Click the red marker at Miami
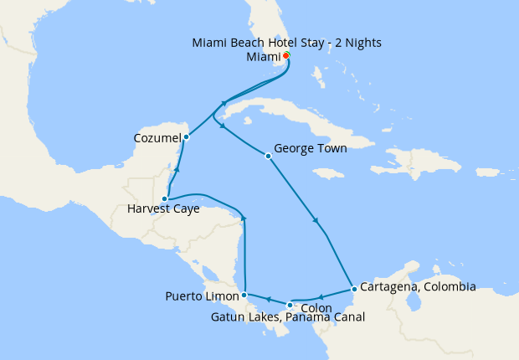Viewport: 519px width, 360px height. point(286,56)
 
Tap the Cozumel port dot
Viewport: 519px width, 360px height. point(186,137)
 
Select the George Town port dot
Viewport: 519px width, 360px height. point(268,156)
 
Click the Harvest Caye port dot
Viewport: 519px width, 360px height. point(165,198)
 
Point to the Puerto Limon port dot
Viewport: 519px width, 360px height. point(244,295)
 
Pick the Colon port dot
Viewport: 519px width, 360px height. point(290,305)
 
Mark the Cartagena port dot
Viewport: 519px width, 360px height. point(354,290)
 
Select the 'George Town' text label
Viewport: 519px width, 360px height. point(310,149)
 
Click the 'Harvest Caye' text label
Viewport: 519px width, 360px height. point(163,209)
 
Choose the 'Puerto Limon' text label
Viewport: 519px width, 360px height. point(200,296)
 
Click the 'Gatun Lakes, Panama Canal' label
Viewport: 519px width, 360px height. point(289,318)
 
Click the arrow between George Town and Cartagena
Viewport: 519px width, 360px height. point(315,221)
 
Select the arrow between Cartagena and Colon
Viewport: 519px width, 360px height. point(321,297)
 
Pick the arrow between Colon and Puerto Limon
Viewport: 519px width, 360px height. point(267,299)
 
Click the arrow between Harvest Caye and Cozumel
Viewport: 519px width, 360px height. point(177,169)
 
